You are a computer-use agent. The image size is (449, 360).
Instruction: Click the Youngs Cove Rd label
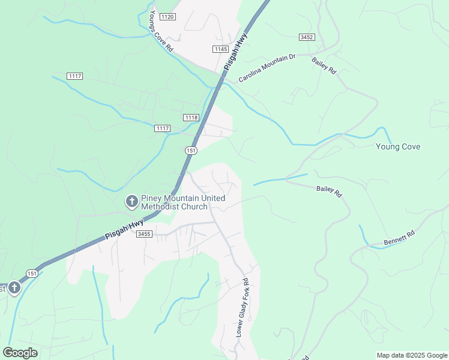point(161,31)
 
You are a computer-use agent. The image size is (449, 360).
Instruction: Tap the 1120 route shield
point(167,17)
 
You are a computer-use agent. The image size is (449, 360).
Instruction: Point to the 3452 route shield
point(307,37)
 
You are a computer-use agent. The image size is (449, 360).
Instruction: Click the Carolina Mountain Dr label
point(267,68)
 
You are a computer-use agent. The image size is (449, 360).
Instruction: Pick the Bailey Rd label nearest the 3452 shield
point(324,65)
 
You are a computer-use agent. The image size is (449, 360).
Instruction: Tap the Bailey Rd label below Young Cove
point(329,191)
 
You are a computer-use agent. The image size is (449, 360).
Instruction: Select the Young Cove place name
point(398,146)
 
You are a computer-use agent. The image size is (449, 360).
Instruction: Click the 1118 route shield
point(191,117)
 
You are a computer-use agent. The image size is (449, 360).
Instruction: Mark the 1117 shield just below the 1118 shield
point(162,128)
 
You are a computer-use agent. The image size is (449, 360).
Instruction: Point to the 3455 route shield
point(144,233)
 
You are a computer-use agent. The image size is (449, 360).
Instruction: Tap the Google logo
point(20,353)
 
